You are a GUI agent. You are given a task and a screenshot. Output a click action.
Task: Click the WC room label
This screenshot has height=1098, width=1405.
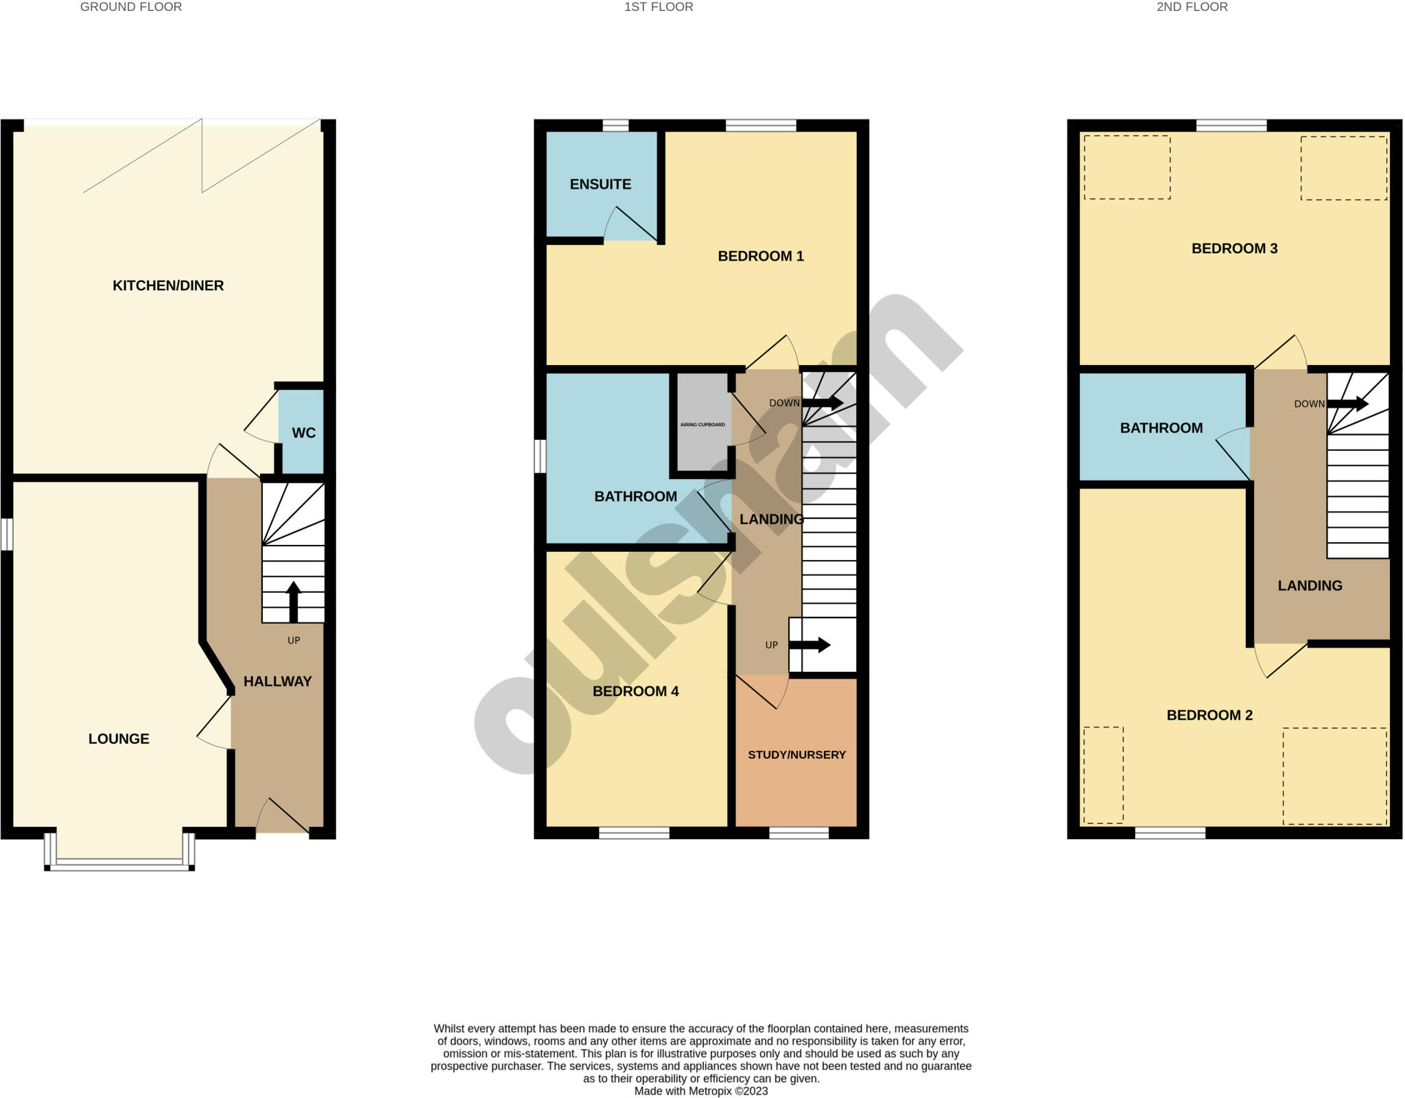pyautogui.click(x=303, y=433)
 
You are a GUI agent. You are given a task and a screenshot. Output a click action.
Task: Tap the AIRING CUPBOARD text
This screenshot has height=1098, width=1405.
pyautogui.click(x=702, y=425)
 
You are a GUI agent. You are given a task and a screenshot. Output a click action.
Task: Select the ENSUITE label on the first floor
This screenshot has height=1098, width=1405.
pyautogui.click(x=600, y=184)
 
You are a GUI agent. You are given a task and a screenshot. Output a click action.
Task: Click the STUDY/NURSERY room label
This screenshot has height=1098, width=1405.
pyautogui.click(x=796, y=755)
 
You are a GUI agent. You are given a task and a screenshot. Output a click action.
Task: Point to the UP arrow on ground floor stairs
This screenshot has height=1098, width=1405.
pyautogui.click(x=294, y=601)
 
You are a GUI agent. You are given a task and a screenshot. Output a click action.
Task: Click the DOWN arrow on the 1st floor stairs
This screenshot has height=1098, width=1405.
pyautogui.click(x=823, y=403)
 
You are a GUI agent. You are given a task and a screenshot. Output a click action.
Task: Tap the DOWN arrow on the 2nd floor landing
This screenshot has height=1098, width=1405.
pyautogui.click(x=1347, y=404)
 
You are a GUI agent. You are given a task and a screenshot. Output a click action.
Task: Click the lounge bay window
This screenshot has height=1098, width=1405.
pyautogui.click(x=119, y=863)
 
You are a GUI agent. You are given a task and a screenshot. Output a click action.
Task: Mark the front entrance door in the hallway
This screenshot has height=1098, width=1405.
pyautogui.click(x=283, y=817)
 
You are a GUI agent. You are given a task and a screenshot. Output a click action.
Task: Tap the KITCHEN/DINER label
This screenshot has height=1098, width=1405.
pyautogui.click(x=168, y=285)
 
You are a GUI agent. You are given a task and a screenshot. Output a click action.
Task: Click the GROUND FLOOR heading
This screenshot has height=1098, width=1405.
pyautogui.click(x=131, y=7)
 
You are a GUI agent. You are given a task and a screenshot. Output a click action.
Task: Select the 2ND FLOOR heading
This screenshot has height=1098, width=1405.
pyautogui.click(x=1192, y=7)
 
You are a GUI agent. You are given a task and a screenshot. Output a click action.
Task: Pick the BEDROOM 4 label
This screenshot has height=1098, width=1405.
pyautogui.click(x=635, y=691)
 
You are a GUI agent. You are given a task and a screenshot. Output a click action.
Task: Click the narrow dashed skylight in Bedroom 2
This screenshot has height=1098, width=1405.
pyautogui.click(x=1103, y=775)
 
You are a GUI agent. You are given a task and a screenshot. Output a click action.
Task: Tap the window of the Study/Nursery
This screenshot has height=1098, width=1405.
pyautogui.click(x=799, y=833)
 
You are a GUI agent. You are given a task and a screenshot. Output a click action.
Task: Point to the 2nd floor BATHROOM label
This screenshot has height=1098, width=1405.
pyautogui.click(x=1161, y=428)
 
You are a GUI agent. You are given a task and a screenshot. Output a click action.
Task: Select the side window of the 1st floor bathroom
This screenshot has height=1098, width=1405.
pyautogui.click(x=540, y=456)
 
